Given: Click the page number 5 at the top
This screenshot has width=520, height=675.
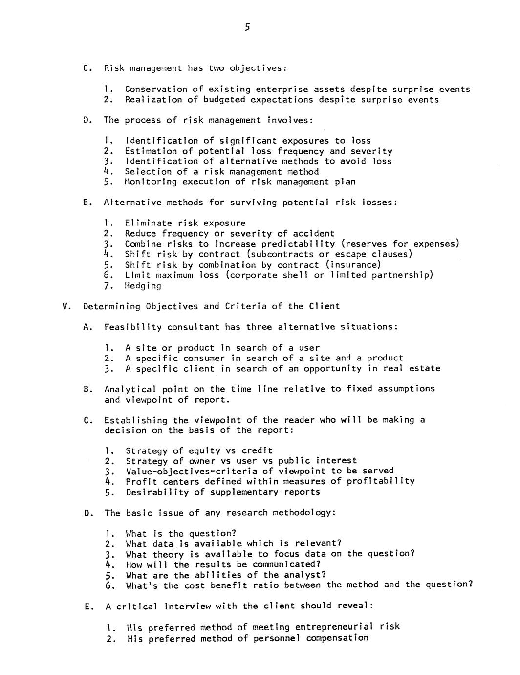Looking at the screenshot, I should pyautogui.click(x=247, y=27).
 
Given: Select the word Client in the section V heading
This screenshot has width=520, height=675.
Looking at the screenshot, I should pyautogui.click(x=324, y=306).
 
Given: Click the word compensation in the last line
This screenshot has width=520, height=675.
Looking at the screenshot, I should pyautogui.click(x=337, y=638).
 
